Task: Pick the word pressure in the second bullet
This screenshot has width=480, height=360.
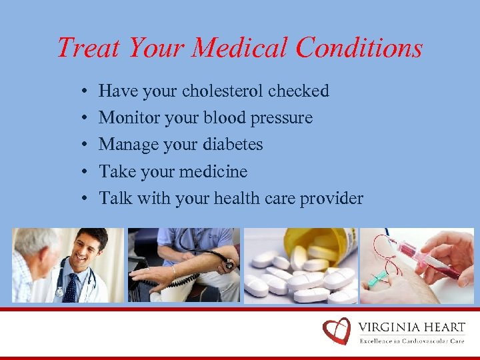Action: (x=283, y=118)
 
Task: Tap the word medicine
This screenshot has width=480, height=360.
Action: (x=214, y=172)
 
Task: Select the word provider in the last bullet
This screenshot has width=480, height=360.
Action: (x=331, y=199)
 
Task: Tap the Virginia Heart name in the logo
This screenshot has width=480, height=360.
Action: (x=411, y=327)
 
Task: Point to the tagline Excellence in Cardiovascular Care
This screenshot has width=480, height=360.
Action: (x=412, y=341)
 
